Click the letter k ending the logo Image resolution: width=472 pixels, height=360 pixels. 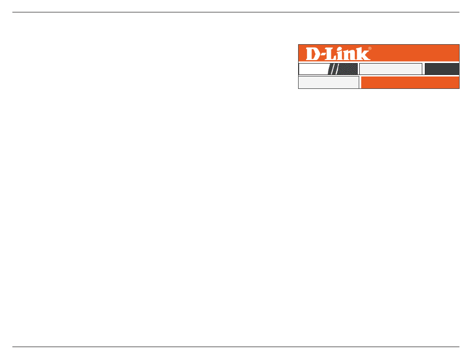[364, 54]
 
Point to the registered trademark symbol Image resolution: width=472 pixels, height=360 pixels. [370, 49]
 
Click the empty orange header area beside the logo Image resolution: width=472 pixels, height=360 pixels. [417, 53]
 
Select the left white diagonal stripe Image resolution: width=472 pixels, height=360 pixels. [330, 69]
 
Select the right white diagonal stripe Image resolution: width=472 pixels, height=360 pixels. [336, 69]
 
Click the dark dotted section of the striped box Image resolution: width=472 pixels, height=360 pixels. [348, 69]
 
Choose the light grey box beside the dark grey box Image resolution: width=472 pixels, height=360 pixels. [391, 69]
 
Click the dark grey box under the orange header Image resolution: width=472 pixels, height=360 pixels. [442, 69]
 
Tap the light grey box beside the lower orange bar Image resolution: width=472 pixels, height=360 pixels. [328, 82]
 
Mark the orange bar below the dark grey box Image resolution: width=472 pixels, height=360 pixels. [410, 82]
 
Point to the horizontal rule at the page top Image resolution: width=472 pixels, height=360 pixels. [236, 12]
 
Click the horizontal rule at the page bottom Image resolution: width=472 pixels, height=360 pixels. [236, 347]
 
